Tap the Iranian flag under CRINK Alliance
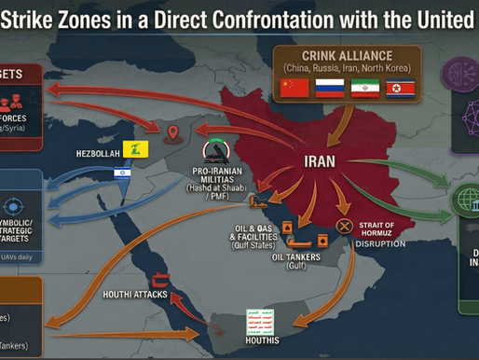coord(363,88)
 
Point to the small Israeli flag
coord(122,173)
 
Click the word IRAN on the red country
coord(320,160)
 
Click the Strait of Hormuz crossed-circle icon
coord(344,226)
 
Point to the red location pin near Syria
coord(172,135)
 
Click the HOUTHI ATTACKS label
coord(135,295)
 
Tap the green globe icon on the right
coord(463,201)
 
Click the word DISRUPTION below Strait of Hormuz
coord(379,244)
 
